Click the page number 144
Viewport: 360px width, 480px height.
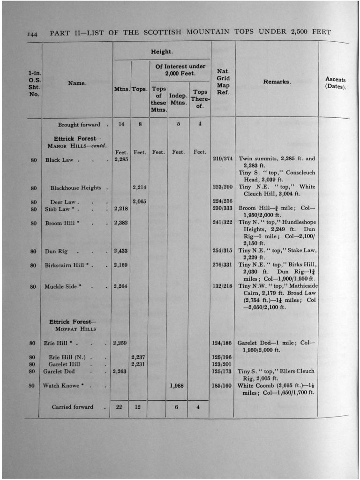[x=32, y=34]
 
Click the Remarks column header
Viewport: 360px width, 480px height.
[x=277, y=82]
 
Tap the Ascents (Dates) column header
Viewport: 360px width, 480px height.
[x=335, y=83]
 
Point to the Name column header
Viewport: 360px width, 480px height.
[x=77, y=83]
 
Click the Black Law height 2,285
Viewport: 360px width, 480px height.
[x=121, y=159]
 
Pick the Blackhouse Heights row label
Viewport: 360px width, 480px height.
[x=76, y=188]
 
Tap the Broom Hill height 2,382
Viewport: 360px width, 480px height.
[x=121, y=223]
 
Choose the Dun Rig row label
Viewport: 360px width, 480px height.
[x=56, y=251]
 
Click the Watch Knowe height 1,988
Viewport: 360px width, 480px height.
[x=177, y=386]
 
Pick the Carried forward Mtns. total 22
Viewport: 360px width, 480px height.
[x=119, y=407]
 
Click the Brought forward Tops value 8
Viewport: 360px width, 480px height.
[x=140, y=125]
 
